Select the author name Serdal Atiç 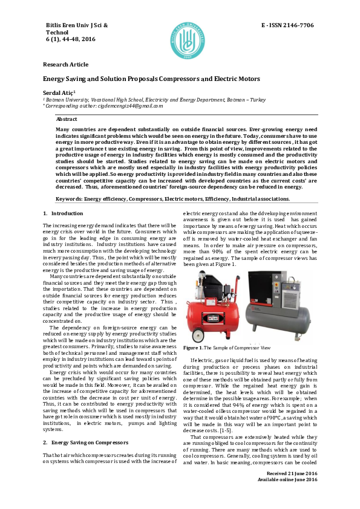tap(59, 91)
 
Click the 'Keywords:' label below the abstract tap(70, 181)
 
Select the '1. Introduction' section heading tap(63, 196)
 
